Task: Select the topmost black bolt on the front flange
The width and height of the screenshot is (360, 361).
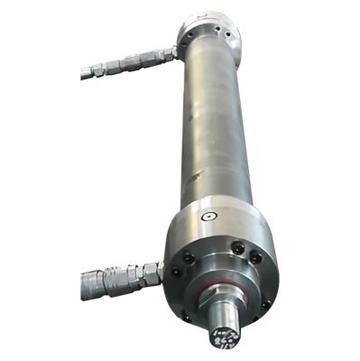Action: point(236,246)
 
